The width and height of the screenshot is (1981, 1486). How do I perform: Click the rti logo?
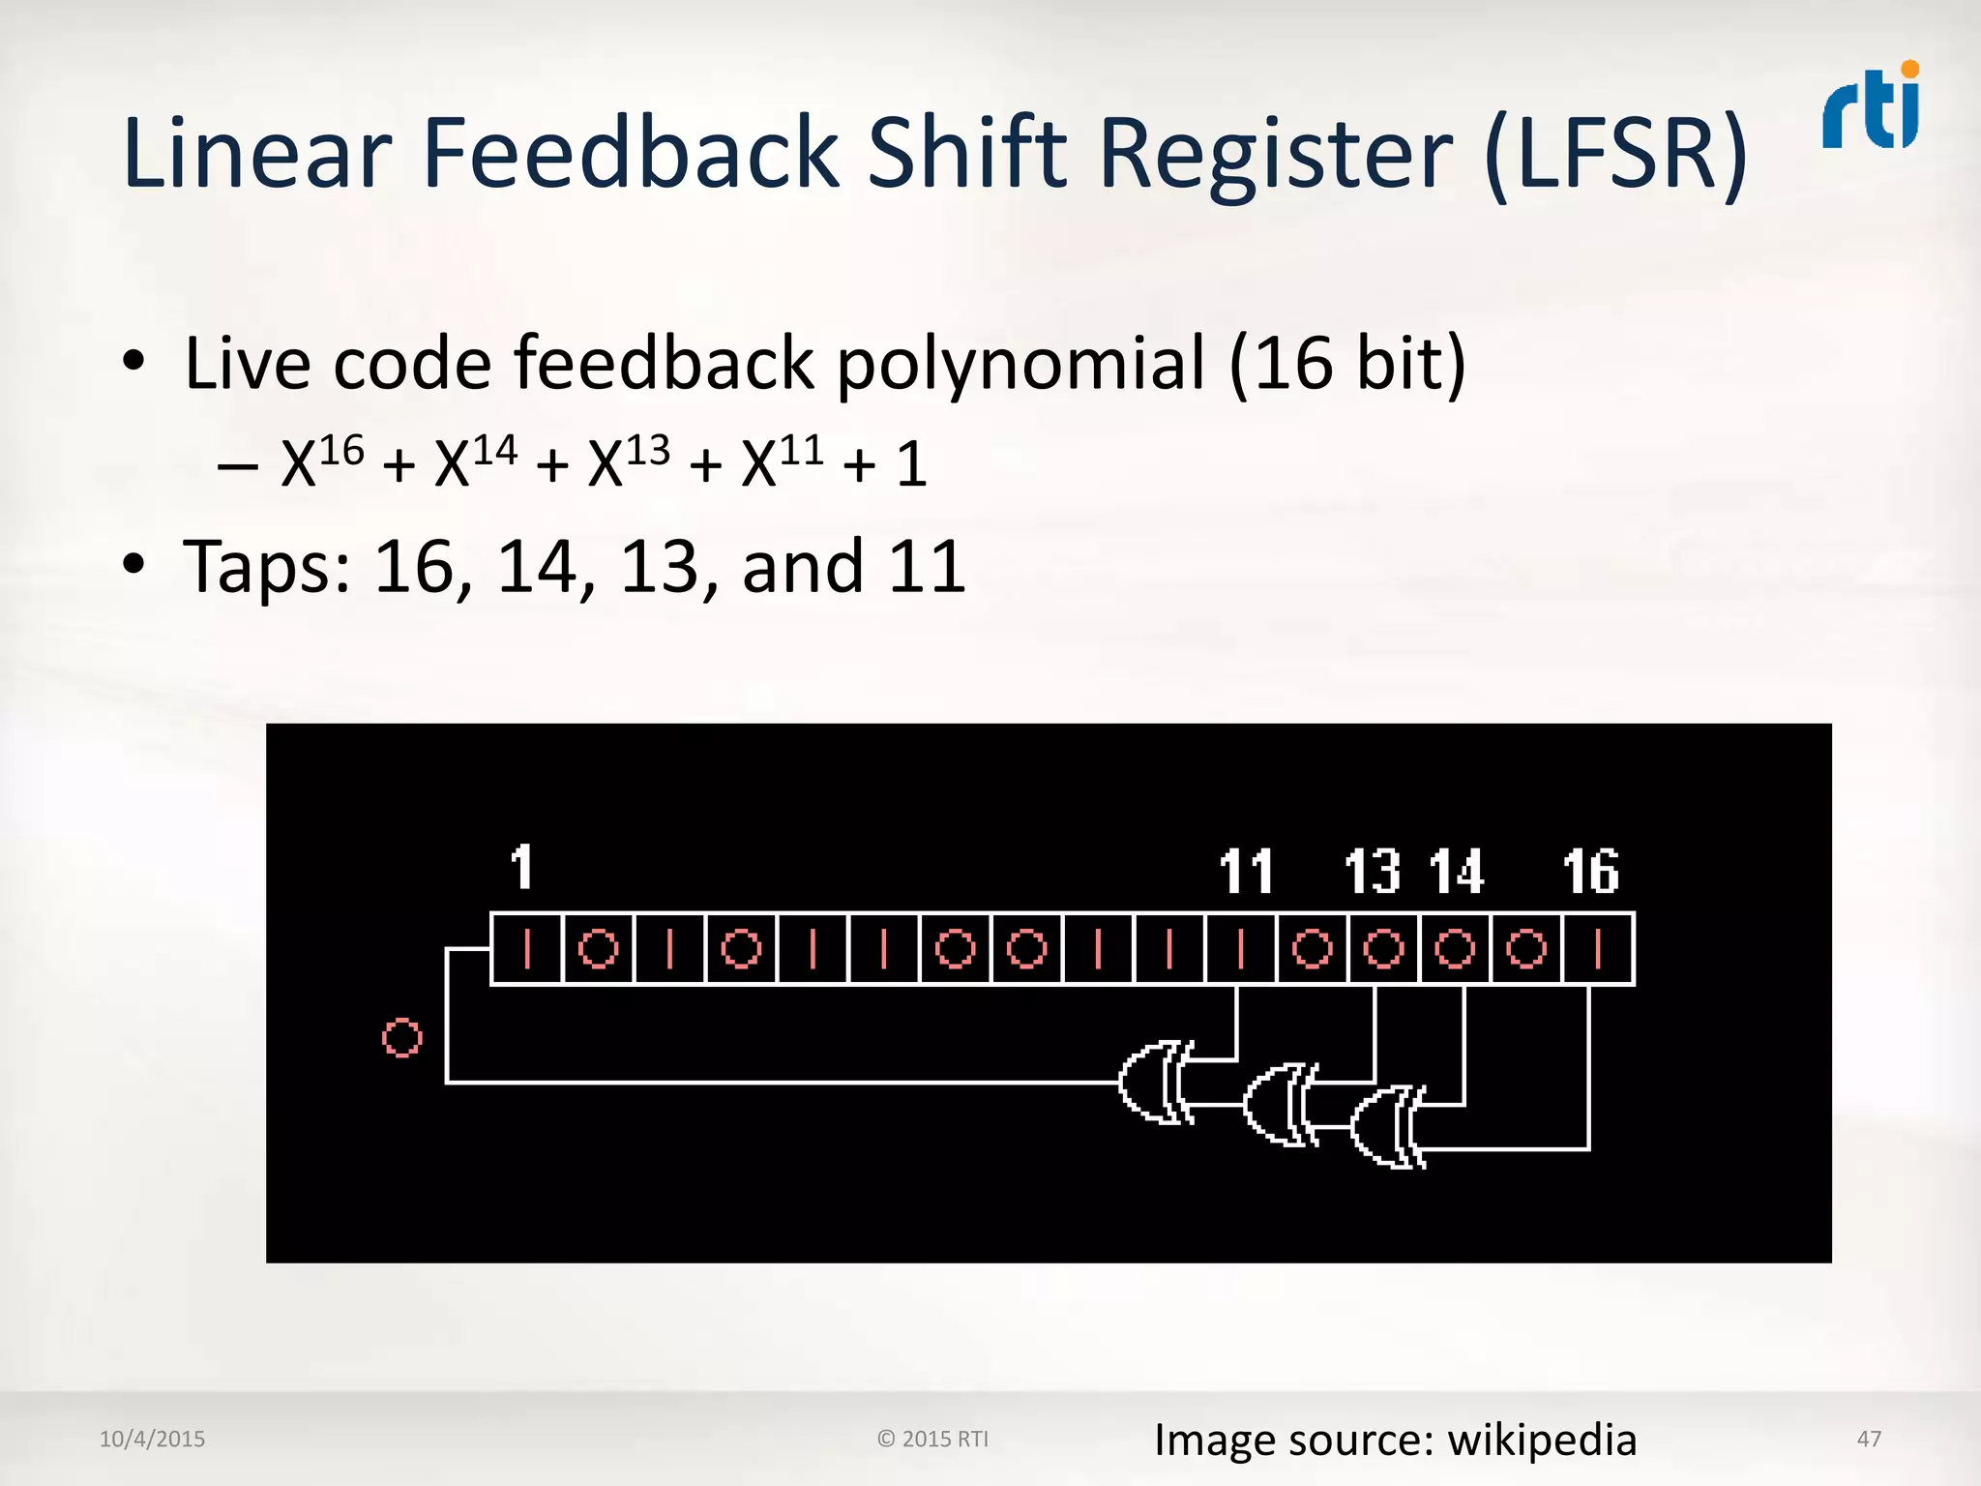point(1871,108)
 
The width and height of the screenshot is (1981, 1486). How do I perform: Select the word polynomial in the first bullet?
point(1020,365)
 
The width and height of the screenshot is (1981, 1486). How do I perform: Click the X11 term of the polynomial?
point(783,461)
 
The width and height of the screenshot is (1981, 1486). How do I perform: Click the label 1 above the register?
point(521,867)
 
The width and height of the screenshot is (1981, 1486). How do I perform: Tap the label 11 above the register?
point(1245,872)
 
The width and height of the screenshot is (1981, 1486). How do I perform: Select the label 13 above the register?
point(1373,872)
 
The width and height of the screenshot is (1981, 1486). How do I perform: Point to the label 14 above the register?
point(1457,872)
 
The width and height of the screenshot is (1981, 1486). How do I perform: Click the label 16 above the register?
point(1591,872)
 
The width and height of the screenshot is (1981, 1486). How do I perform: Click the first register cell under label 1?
point(527,949)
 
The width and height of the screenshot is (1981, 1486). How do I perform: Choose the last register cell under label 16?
point(1598,949)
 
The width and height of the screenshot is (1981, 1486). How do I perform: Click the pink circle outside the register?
point(402,1038)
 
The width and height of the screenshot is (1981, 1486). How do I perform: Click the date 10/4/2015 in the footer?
point(152,1439)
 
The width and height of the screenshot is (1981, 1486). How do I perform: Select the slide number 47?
point(1869,1439)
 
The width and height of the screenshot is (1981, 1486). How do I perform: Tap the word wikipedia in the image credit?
point(1542,1441)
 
